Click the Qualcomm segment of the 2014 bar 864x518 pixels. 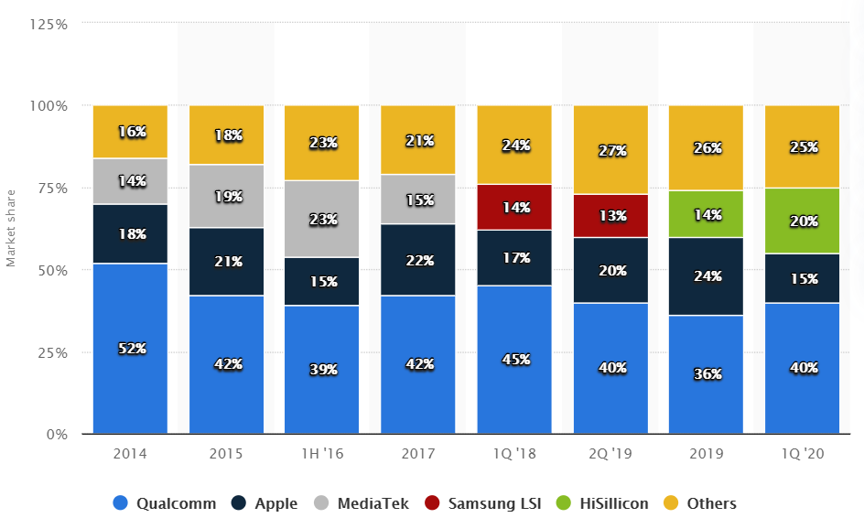tap(130, 384)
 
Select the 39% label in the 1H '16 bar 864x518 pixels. tap(323, 370)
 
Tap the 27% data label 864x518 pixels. tap(611, 150)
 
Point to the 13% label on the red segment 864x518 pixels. tap(611, 216)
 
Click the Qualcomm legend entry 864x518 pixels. tap(165, 503)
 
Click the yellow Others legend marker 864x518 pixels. tap(671, 503)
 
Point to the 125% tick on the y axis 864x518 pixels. tap(49, 24)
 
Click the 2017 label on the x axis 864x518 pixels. tap(418, 453)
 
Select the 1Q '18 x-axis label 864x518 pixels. tap(514, 453)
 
